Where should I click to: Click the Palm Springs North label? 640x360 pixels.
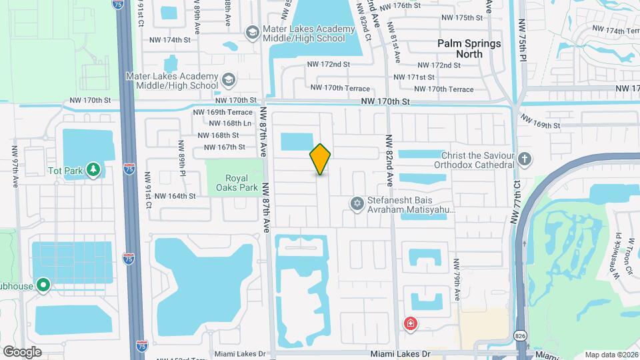click(469, 49)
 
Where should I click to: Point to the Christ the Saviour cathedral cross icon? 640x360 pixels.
click(525, 159)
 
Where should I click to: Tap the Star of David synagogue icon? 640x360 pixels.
click(357, 203)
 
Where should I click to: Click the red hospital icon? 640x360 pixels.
click(411, 323)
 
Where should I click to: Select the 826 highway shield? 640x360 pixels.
click(520, 333)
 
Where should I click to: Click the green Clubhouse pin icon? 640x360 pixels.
click(44, 286)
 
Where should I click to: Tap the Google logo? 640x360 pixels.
click(22, 351)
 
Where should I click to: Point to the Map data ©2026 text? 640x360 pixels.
click(611, 355)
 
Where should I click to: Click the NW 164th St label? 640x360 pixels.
click(175, 196)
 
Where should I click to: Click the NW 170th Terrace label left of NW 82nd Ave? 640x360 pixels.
click(339, 88)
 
